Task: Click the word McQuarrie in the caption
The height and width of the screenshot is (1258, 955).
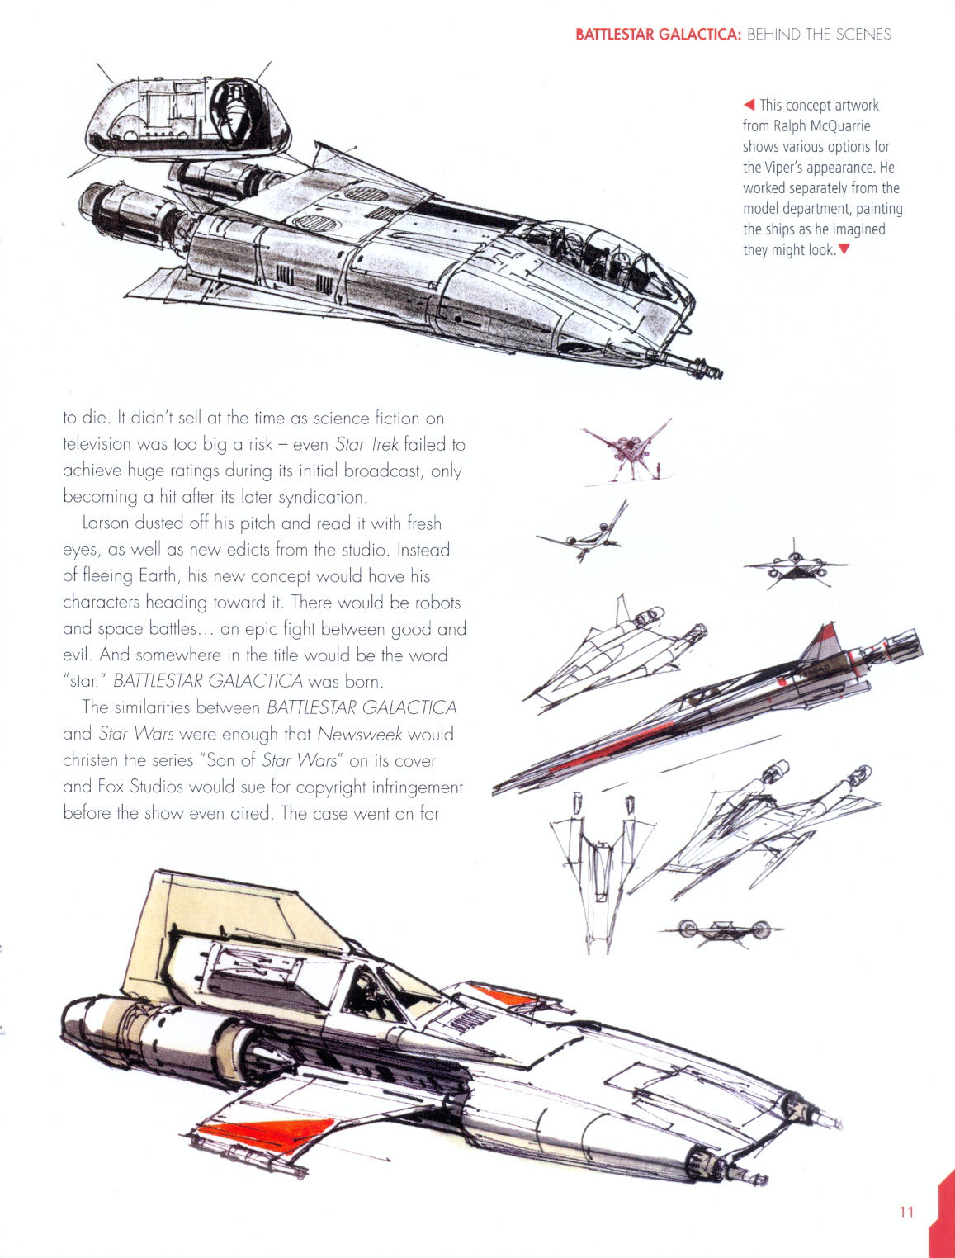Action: point(839,126)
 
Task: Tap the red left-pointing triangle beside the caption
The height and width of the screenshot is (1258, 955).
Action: point(749,104)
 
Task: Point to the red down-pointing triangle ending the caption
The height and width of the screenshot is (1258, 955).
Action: point(844,249)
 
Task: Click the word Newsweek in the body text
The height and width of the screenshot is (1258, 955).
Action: point(359,734)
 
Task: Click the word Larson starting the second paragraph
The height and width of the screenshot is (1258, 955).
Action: point(106,523)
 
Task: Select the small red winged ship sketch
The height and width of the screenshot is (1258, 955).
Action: point(628,452)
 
